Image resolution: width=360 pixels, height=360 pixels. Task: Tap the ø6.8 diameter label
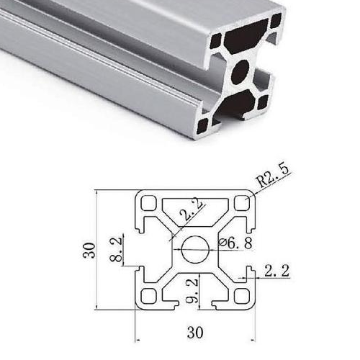coord(235,243)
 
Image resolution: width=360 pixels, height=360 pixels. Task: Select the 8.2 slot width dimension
coord(116,251)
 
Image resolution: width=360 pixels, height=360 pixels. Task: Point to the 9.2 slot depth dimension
coord(194,290)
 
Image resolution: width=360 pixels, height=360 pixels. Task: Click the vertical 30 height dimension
coord(89,251)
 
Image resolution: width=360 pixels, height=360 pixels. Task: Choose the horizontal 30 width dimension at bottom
coord(195,333)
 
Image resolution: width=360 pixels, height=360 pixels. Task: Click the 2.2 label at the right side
coord(276,271)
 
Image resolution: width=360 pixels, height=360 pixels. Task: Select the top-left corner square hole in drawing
coord(148,202)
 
